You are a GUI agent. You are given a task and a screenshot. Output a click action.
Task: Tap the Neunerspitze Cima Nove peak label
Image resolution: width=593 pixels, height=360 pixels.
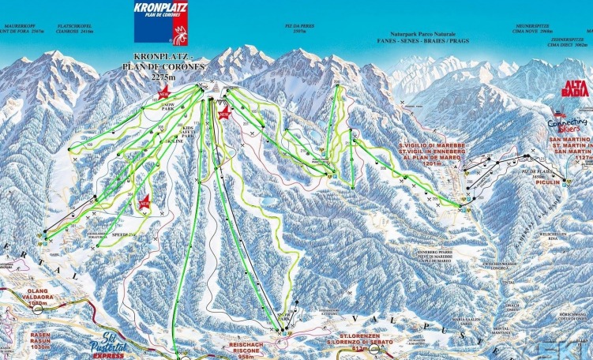pyautogui.click(x=527, y=30)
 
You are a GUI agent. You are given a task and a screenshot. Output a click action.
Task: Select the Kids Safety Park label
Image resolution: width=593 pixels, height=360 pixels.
pyautogui.click(x=187, y=132)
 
